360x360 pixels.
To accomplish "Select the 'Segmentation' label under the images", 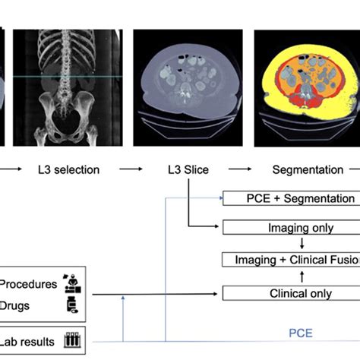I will pyautogui.click(x=307, y=170).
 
